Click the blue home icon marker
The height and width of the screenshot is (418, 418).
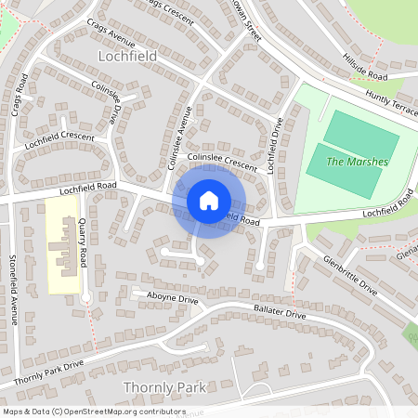coord(209,200)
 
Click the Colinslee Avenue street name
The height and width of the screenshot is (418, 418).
coord(178,137)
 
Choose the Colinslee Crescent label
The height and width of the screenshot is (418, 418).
coord(221,163)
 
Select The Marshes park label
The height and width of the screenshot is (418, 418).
coord(358,163)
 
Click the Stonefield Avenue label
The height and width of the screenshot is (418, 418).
coord(13,290)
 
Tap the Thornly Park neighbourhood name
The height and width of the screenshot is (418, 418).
coord(163,385)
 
